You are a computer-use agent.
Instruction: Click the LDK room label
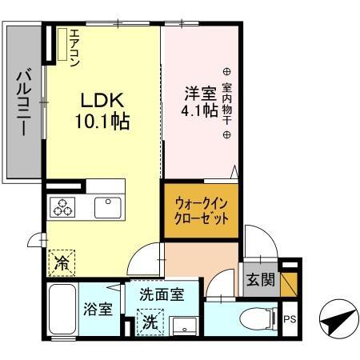tap(102, 102)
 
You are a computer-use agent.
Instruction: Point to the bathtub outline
tap(61, 307)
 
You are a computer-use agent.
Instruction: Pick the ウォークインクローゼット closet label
tap(202, 211)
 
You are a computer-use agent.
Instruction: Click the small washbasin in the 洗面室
tap(185, 326)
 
